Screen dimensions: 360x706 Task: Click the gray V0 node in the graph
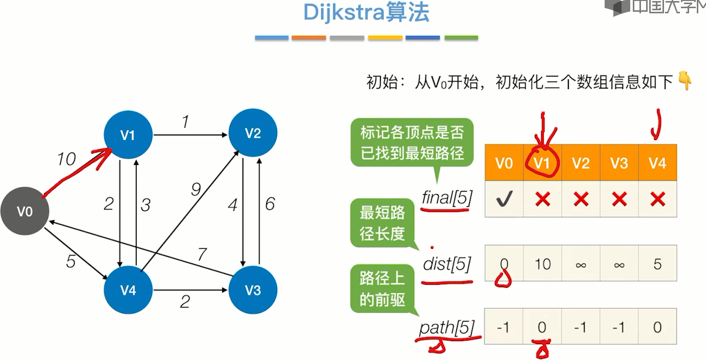coord(25,211)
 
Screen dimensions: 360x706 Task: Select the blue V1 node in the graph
coord(127,135)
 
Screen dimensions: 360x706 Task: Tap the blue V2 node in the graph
coord(253,133)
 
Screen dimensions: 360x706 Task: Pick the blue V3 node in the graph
coord(253,290)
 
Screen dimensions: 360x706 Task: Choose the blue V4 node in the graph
coord(127,290)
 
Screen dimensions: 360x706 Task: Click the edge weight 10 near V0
coord(66,160)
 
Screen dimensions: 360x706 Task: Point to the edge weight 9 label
coord(196,190)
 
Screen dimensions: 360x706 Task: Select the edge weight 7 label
coord(203,254)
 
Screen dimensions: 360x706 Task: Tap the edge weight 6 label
coord(270,204)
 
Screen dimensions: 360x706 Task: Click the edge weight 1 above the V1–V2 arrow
coord(185,122)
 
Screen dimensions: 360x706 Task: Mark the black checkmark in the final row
coord(504,199)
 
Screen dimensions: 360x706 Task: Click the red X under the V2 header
coord(581,199)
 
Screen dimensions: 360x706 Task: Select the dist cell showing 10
coord(543,264)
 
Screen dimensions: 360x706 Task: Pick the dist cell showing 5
coord(657,264)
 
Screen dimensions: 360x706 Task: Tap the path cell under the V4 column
coord(657,327)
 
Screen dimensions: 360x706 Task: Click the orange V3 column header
coord(619,163)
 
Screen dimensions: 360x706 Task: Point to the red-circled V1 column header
coord(543,163)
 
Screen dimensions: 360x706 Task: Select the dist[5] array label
coord(446,264)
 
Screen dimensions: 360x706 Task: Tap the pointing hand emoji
coord(684,81)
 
